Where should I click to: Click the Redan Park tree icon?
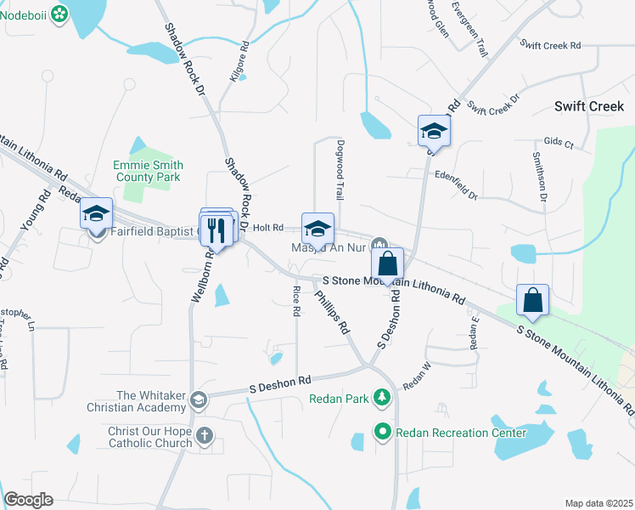tap(383, 397)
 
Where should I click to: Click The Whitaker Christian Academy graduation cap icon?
tap(198, 399)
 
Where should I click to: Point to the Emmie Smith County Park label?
tap(147, 171)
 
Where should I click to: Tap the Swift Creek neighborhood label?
tap(588, 106)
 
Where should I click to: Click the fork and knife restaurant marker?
tap(216, 229)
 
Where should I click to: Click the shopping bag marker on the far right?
tap(532, 299)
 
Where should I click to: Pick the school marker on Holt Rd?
tap(317, 228)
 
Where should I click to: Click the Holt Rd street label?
tap(267, 228)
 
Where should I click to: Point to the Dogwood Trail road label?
tap(340, 170)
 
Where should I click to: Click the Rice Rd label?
tap(296, 302)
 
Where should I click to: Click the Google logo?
tap(28, 500)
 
